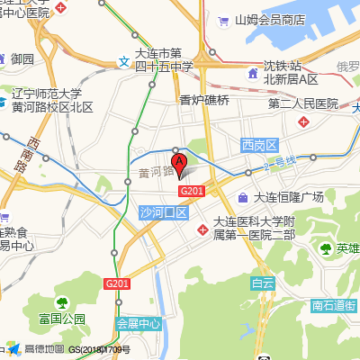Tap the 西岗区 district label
[262, 145]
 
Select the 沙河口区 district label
[163, 212]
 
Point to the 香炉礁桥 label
[204, 100]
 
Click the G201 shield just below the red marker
[192, 190]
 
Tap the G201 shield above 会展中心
[116, 283]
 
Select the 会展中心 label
[138, 322]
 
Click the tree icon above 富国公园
[62, 302]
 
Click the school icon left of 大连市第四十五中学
[123, 63]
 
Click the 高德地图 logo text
[43, 349]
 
